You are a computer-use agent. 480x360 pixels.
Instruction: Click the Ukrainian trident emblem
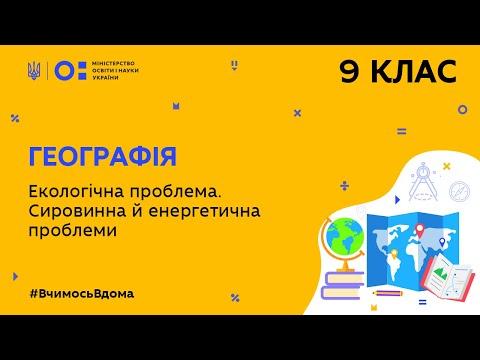(35, 70)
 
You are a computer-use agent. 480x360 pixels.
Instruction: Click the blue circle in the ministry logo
(61, 70)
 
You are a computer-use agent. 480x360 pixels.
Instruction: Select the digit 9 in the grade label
(352, 72)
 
